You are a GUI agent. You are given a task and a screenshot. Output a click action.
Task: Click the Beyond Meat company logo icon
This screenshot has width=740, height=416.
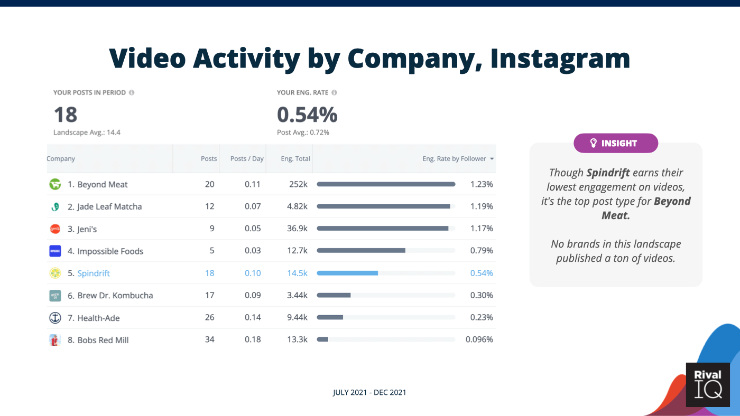point(55,184)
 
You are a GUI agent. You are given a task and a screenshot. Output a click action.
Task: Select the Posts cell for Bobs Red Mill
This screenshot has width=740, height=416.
point(209,339)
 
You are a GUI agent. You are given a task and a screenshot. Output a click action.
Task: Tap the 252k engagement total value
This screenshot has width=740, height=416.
point(298,184)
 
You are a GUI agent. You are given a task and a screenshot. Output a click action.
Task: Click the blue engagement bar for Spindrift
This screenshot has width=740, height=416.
point(347,273)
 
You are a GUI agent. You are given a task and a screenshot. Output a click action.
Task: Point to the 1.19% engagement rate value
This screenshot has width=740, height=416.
point(482,206)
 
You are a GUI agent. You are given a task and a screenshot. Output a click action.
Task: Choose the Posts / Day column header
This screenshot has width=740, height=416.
point(247,158)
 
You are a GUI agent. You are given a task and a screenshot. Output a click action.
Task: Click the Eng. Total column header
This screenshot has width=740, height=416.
point(296,158)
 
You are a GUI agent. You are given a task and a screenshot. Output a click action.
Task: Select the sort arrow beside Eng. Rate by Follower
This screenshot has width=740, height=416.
point(492,159)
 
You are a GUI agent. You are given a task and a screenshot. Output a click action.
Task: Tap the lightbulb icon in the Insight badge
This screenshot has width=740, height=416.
point(594,143)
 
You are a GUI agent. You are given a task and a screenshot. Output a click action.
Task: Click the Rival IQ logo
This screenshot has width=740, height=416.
point(707,384)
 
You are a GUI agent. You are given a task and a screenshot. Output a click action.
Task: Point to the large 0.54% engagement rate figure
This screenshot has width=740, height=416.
point(307,115)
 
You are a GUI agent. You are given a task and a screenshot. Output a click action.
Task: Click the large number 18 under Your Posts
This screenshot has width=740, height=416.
point(66,115)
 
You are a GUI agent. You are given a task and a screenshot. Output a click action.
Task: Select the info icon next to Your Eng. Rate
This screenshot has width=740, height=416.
point(334,92)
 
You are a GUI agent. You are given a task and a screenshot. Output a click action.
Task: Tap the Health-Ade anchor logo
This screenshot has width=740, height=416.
point(55,318)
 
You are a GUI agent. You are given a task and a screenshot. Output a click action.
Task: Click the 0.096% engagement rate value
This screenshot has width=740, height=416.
point(479,339)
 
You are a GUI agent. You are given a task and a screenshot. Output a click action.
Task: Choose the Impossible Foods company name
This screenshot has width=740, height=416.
point(110,251)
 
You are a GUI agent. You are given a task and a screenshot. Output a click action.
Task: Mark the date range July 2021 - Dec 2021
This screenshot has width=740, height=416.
point(369,392)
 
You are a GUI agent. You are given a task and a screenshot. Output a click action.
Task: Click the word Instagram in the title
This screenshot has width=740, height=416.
point(560,58)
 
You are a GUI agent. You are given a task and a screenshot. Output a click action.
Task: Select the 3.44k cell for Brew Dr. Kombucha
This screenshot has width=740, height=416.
point(297,295)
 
